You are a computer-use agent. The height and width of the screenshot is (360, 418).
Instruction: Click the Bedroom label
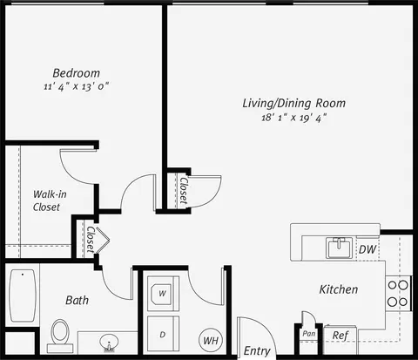coord(76,73)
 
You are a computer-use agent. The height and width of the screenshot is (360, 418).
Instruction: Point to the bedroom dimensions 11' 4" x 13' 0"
coord(77,86)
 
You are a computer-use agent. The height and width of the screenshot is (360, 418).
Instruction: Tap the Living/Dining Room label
coord(294,103)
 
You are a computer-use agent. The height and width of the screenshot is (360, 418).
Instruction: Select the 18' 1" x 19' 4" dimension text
coord(294,118)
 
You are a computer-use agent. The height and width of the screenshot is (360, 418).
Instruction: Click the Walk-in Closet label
coord(50,200)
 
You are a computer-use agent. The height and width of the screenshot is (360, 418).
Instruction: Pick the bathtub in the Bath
coord(23,295)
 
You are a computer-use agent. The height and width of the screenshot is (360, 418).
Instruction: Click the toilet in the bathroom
coord(60,336)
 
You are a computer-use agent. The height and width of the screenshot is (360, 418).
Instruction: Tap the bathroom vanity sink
coord(109,343)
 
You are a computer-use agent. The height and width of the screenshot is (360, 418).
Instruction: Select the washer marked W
coord(163,294)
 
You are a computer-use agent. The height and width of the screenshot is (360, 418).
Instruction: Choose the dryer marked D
coord(163,334)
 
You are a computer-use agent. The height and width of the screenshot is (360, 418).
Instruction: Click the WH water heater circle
coord(211,340)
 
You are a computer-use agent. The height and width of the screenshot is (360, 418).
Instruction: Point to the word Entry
coord(257,351)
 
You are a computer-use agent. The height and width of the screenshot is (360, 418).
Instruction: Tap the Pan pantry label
coord(308,334)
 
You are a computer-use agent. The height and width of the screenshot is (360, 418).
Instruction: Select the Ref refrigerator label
coord(340,336)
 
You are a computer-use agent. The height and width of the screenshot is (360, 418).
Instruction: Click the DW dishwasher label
coord(367,249)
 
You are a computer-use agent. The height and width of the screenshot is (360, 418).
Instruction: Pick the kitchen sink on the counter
coord(339,248)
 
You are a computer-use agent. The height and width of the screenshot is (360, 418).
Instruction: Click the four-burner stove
coord(398,294)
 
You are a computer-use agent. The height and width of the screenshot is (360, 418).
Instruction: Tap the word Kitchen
coord(339,289)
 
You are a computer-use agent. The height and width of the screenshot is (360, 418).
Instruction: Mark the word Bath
coord(77,300)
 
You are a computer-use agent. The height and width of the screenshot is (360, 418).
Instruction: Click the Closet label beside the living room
coord(184,190)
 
